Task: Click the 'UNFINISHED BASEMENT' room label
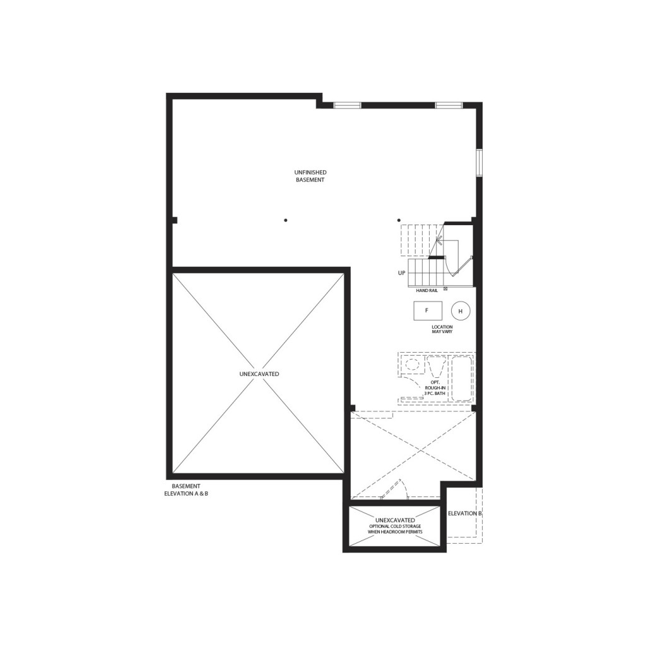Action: click(310, 176)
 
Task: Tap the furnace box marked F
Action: click(428, 310)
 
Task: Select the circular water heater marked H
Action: click(461, 311)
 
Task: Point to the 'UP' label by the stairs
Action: click(402, 273)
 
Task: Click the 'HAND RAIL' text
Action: click(427, 290)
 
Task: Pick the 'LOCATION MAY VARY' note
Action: click(442, 329)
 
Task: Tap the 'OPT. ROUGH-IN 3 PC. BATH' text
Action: click(435, 388)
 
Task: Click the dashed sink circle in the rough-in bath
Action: click(412, 365)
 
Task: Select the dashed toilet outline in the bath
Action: click(436, 367)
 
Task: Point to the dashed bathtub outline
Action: click(461, 379)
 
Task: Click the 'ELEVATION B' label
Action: click(465, 514)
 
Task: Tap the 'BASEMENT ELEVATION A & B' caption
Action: click(186, 490)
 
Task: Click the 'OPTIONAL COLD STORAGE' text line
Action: click(395, 526)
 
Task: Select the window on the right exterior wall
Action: click(479, 163)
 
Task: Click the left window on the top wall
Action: click(347, 105)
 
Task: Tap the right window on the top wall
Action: click(449, 105)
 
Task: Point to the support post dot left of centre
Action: click(286, 220)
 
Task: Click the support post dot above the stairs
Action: click(399, 220)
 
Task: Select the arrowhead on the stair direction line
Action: click(439, 240)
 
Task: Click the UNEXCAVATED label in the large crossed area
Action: click(259, 374)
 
